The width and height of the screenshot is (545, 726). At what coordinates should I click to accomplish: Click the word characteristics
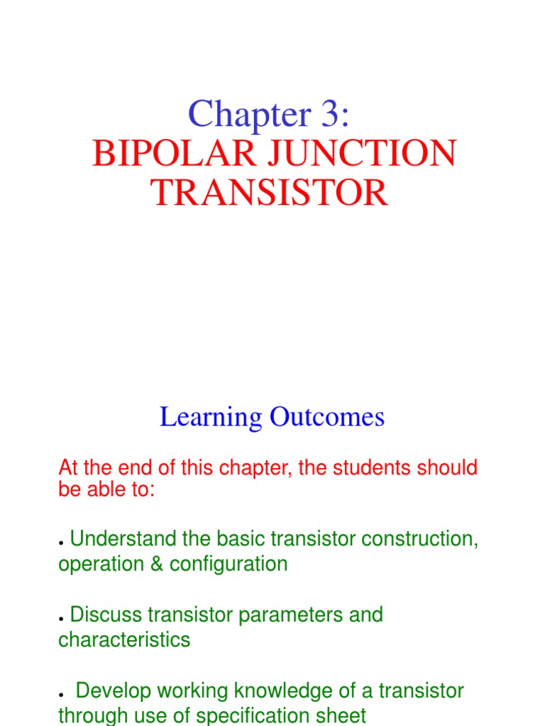124,640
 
